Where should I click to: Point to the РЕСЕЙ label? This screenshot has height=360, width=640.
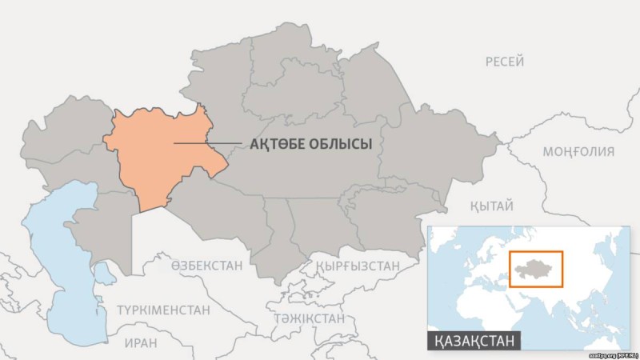tap(505, 62)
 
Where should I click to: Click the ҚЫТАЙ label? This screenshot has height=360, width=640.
tap(491, 206)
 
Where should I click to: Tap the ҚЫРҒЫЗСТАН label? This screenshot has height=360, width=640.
tap(357, 266)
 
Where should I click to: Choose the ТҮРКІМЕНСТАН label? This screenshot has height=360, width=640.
tap(163, 310)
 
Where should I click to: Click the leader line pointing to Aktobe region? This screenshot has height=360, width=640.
tap(208, 144)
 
